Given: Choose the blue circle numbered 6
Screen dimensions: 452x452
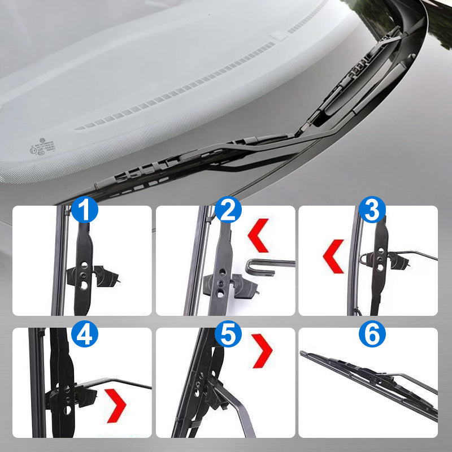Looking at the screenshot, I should [371, 335].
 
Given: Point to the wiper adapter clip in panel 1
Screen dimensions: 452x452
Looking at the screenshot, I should [93, 276].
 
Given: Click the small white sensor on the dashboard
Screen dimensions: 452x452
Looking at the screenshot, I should [279, 36].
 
